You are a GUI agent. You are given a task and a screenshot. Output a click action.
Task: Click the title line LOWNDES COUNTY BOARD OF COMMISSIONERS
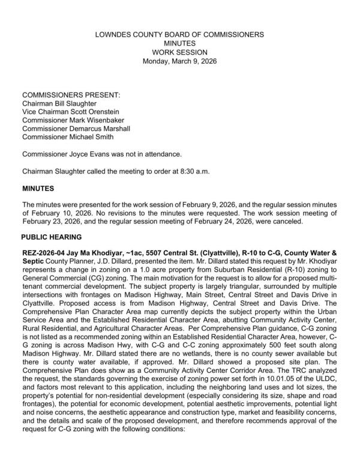[x=179, y=35]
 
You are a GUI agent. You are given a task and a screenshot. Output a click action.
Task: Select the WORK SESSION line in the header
[x=179, y=53]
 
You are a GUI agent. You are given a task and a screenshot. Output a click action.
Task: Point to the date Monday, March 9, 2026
[x=179, y=61]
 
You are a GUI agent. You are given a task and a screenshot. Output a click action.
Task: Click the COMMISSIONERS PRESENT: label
[x=71, y=95]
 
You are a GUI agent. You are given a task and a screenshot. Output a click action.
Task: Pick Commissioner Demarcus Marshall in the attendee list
[x=76, y=129]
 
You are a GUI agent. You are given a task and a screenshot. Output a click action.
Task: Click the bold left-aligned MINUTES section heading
[x=38, y=189]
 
